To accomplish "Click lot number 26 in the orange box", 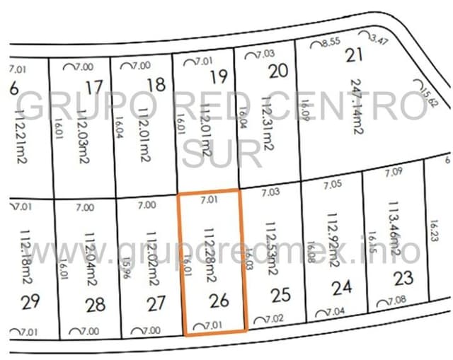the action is [219, 301].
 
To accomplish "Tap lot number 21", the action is [354, 54].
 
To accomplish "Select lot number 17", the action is [93, 88].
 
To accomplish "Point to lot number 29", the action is [30, 303].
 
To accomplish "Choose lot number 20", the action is [280, 71].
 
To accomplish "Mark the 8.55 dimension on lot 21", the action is [331, 42].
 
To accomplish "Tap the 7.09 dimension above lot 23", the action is [393, 172].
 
